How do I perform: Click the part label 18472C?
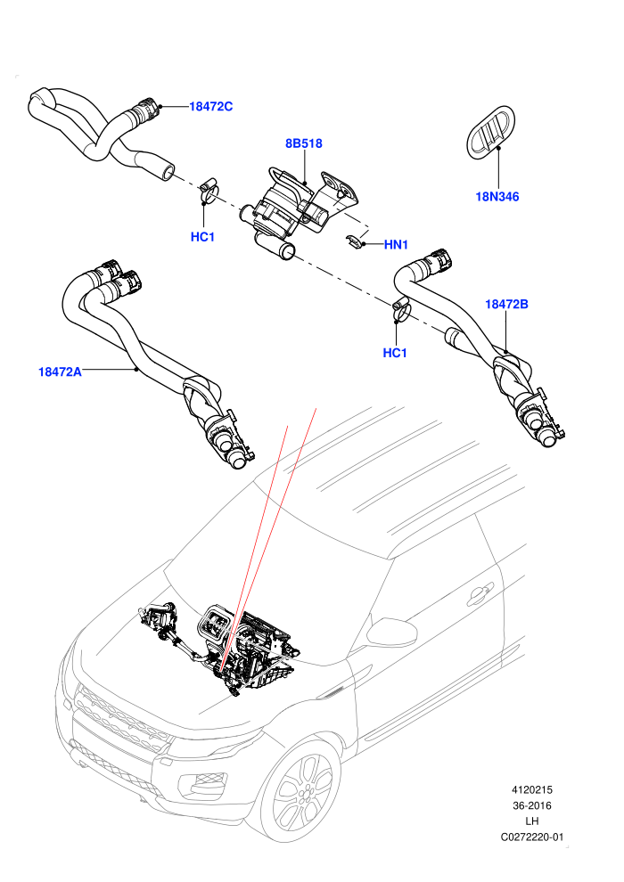click(210, 106)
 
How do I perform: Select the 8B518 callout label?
click(304, 143)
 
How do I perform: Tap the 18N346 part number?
click(497, 196)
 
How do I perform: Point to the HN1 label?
click(396, 245)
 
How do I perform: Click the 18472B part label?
click(506, 305)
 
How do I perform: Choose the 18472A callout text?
click(60, 372)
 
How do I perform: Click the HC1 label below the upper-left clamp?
click(202, 237)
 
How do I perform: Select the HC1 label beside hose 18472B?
click(394, 353)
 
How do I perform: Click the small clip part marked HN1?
click(354, 241)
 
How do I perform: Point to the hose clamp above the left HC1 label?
click(209, 190)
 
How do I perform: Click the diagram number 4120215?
click(531, 789)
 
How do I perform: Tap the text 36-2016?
click(531, 805)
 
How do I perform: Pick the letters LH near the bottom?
click(531, 821)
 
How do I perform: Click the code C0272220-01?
click(531, 837)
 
